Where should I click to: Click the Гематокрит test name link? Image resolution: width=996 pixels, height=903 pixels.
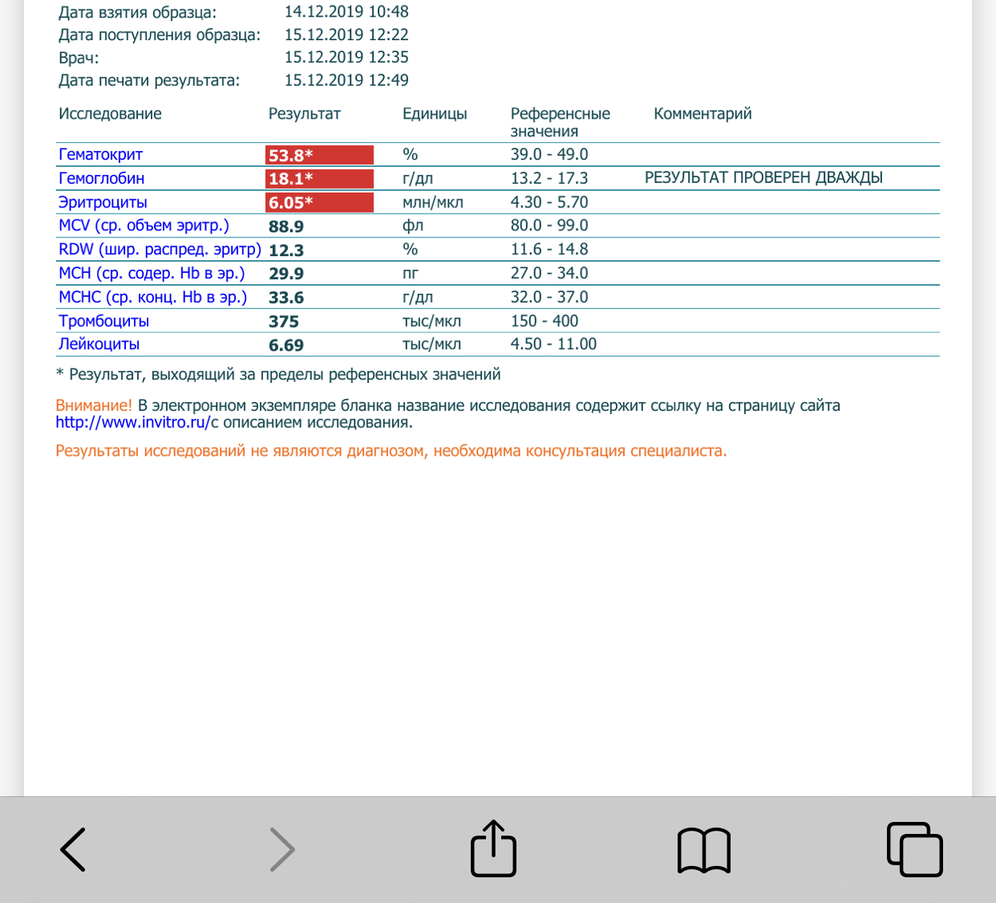click(x=100, y=155)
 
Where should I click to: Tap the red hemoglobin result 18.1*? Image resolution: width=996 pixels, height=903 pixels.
click(x=319, y=178)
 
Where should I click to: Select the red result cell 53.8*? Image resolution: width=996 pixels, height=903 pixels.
click(x=319, y=155)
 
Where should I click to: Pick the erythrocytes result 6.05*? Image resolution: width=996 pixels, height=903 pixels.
click(x=319, y=202)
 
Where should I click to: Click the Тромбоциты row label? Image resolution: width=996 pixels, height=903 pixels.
click(x=103, y=321)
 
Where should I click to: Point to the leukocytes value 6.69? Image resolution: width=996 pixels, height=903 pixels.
click(x=286, y=345)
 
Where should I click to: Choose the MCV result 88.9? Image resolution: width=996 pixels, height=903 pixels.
click(x=286, y=226)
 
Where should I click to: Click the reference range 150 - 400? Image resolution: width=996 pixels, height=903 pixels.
click(x=545, y=321)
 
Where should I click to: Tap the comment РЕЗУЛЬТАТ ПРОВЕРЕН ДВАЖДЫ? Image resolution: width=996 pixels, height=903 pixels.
click(x=763, y=178)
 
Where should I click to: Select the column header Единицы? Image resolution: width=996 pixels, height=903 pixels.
click(x=435, y=114)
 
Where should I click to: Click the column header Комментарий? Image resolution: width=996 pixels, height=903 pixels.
click(x=702, y=114)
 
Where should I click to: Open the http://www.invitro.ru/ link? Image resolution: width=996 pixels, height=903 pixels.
click(x=132, y=423)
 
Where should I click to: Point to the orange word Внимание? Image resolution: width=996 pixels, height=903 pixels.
click(x=94, y=406)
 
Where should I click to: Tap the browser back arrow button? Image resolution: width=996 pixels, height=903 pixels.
click(x=73, y=849)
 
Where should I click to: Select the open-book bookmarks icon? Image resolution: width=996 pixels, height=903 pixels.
click(x=704, y=850)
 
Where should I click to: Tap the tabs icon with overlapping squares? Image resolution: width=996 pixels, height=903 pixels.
click(x=914, y=849)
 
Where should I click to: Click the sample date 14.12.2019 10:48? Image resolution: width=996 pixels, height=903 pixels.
click(x=346, y=12)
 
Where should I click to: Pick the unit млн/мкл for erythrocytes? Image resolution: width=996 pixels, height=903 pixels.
click(x=433, y=202)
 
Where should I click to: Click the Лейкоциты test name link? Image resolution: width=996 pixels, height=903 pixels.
click(x=99, y=344)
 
